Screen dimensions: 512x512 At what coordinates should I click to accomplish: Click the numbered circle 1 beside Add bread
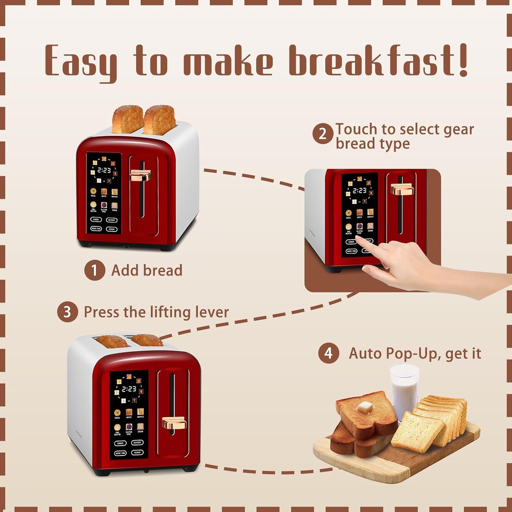pyautogui.click(x=95, y=270)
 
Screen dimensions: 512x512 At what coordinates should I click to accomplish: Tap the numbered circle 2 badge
pyautogui.click(x=323, y=134)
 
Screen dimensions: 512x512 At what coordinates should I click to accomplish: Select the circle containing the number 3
pyautogui.click(x=67, y=312)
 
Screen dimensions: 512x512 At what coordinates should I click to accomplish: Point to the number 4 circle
pyautogui.click(x=328, y=353)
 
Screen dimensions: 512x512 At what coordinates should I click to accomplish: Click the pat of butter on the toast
pyautogui.click(x=365, y=407)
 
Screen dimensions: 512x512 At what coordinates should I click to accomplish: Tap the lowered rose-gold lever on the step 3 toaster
pyautogui.click(x=174, y=423)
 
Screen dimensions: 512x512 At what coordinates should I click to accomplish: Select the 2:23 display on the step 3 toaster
pyautogui.click(x=129, y=389)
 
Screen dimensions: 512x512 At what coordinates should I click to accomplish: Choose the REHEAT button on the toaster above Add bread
pyautogui.click(x=112, y=229)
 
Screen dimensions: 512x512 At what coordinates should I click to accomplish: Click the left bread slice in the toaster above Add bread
pyautogui.click(x=128, y=119)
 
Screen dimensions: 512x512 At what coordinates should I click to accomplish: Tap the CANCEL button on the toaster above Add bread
pyautogui.click(x=96, y=219)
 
